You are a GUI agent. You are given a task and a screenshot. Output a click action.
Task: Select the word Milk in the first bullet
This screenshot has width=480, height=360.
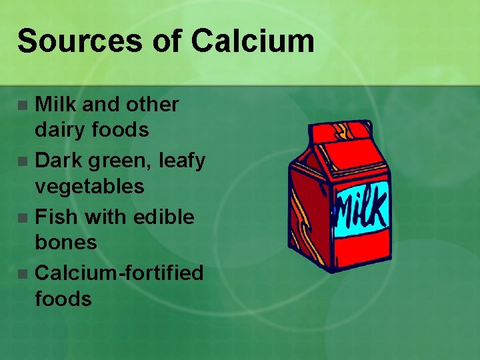click(x=55, y=105)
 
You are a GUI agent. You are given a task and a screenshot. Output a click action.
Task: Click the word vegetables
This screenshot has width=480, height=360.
click(x=89, y=187)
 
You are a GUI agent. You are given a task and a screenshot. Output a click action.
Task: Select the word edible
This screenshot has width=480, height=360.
click(x=164, y=217)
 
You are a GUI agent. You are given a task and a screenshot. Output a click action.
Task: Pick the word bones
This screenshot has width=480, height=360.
click(x=65, y=243)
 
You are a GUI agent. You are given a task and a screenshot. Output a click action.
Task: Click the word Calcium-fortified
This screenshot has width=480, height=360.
click(x=119, y=273)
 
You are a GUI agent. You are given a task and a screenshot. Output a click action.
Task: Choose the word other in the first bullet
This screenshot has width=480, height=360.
click(x=154, y=105)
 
